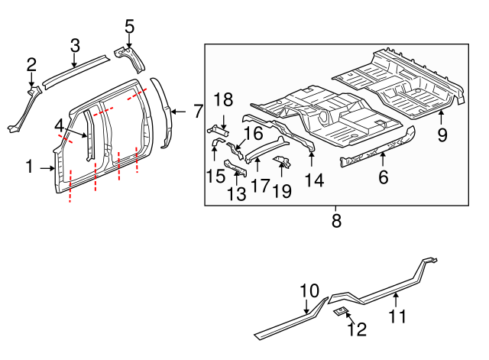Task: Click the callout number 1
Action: (x=29, y=166)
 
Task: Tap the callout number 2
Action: (x=31, y=64)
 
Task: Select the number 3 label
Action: (x=75, y=46)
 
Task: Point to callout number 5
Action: (x=129, y=28)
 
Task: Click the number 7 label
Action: (x=198, y=112)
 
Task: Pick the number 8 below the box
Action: (x=336, y=222)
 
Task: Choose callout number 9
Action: (x=442, y=135)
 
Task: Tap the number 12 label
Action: (x=357, y=329)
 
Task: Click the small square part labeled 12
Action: (x=342, y=311)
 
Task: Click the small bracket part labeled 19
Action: (x=282, y=161)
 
